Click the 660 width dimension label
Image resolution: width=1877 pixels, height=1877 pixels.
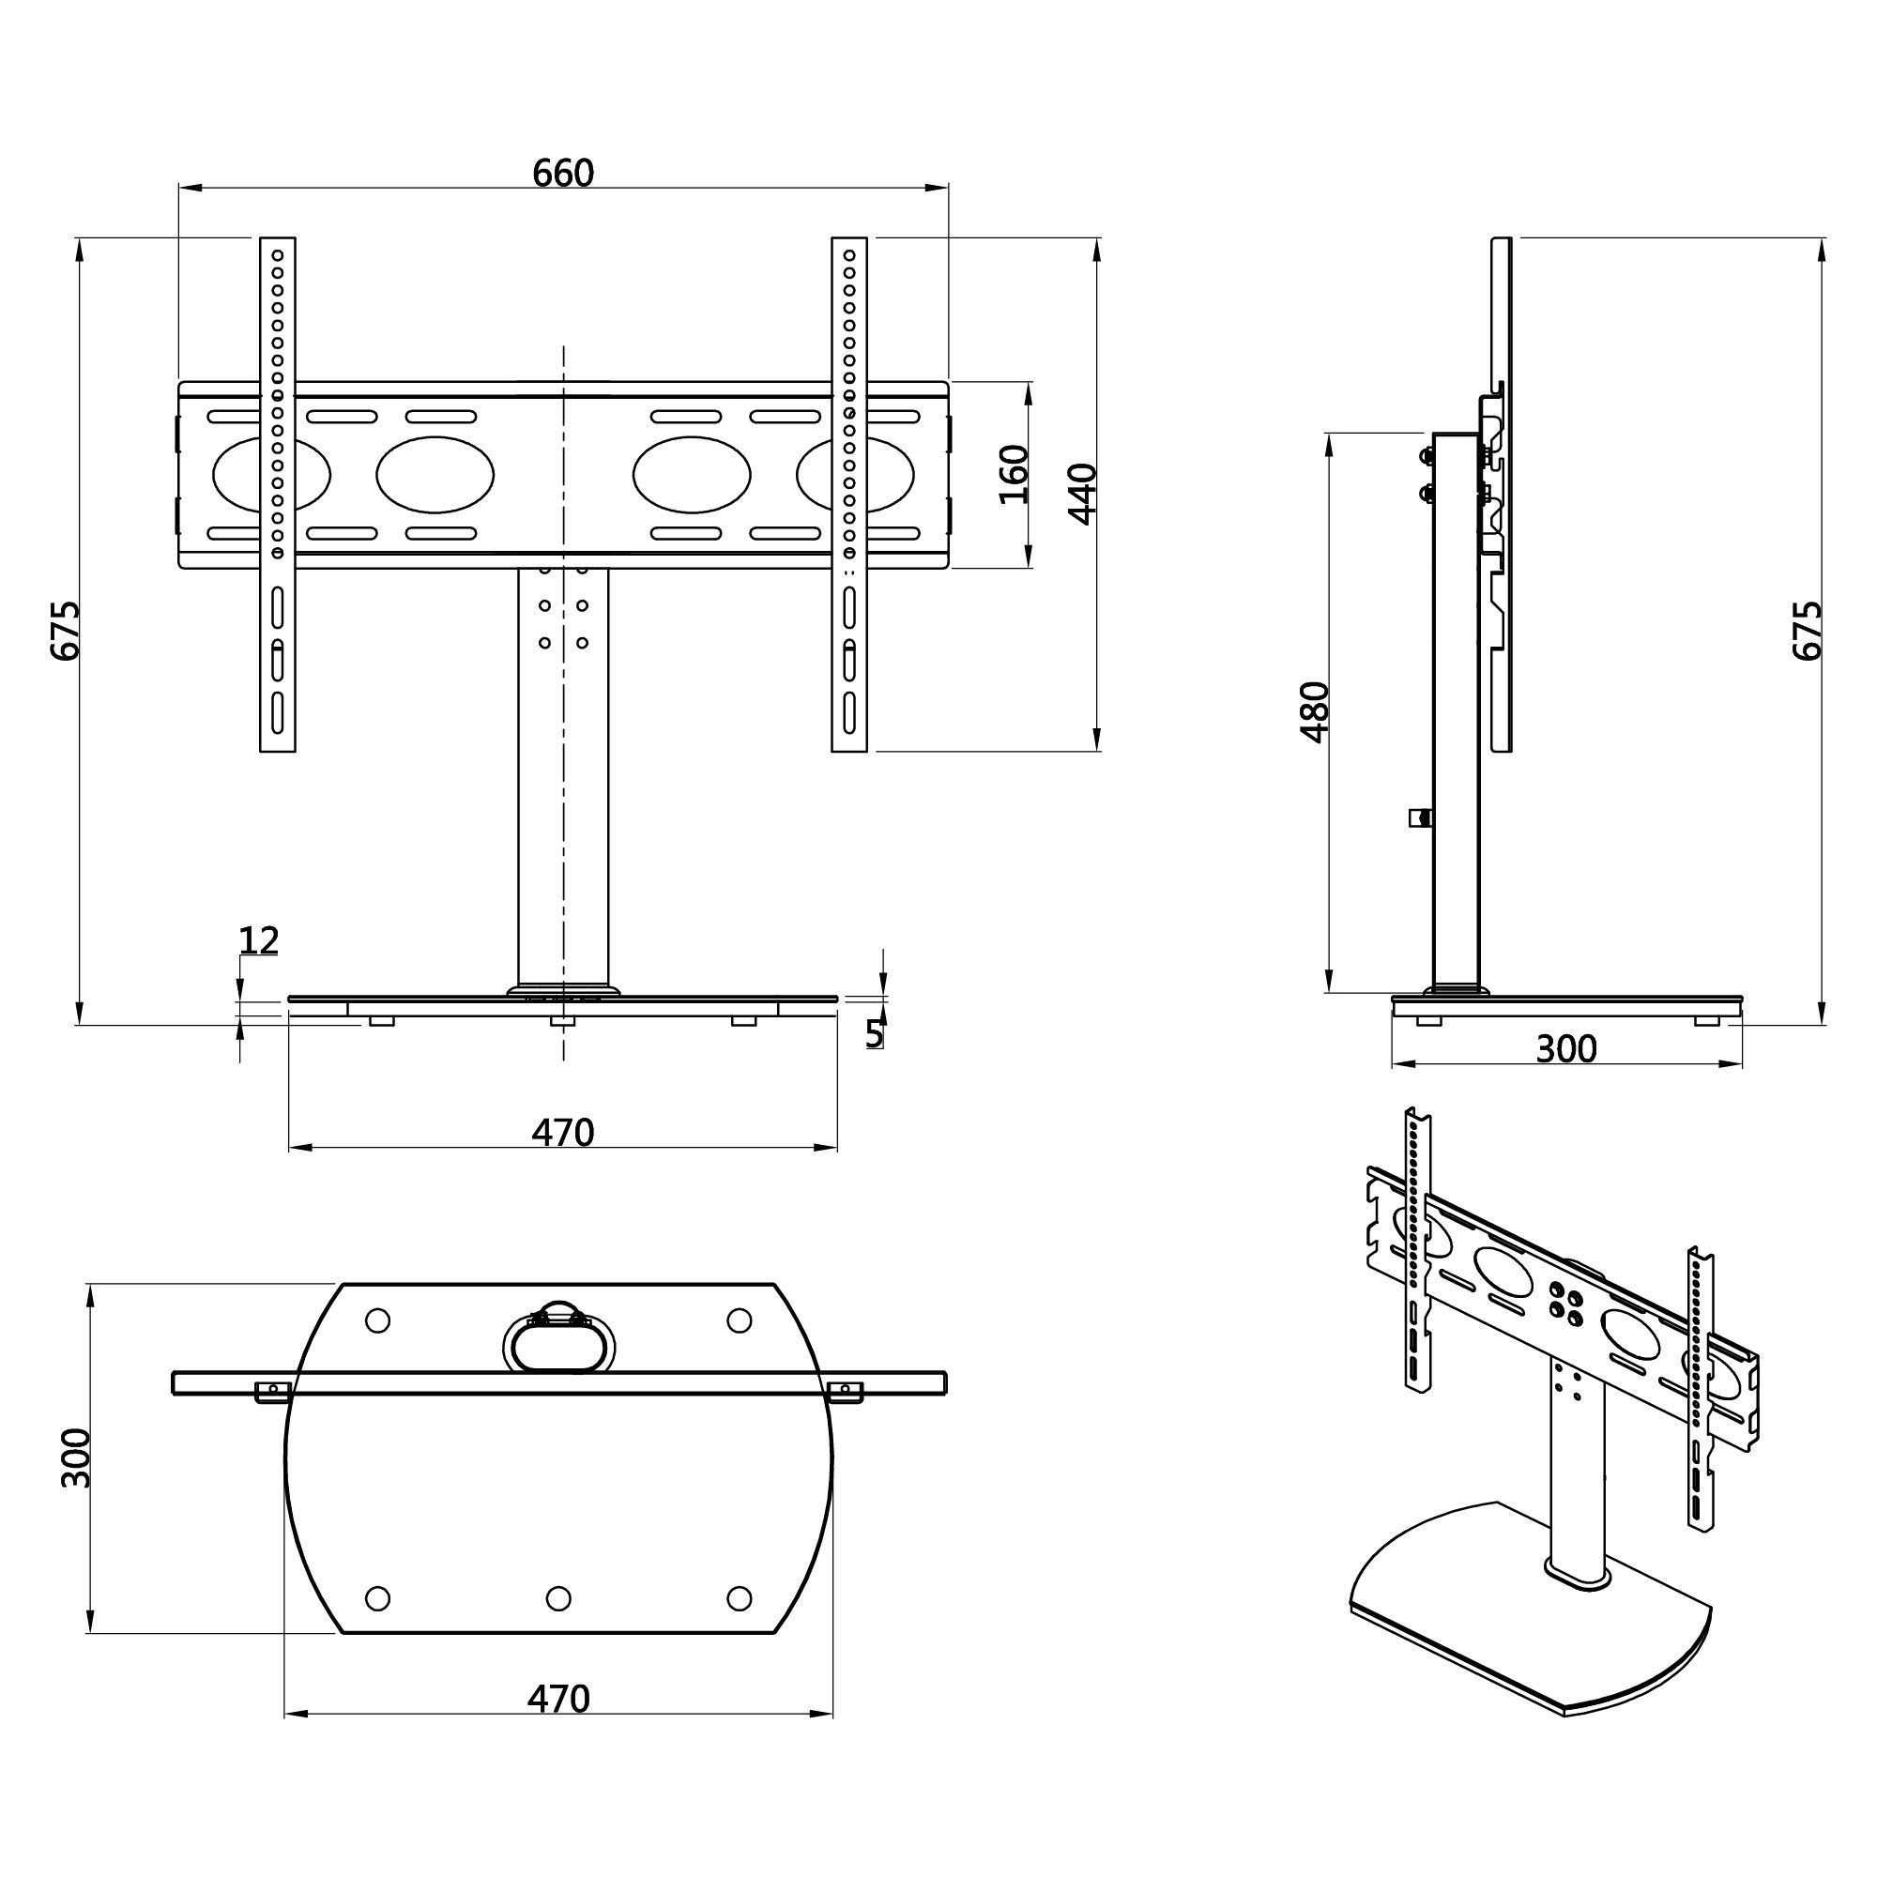(562, 173)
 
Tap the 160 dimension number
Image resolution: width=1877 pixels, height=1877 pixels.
(1014, 474)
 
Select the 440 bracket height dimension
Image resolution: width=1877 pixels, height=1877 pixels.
(1082, 494)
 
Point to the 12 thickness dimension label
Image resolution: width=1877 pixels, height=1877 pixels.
(258, 940)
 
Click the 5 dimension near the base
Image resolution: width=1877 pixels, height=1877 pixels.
(874, 1034)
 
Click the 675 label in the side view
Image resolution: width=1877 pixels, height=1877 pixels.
(1806, 632)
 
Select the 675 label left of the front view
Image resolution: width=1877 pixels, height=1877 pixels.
(65, 632)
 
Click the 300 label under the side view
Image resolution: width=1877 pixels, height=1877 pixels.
(1565, 1048)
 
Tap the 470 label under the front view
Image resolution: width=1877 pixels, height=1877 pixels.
(562, 1133)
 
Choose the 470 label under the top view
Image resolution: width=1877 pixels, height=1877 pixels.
(558, 1699)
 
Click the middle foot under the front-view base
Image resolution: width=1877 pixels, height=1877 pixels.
(562, 1021)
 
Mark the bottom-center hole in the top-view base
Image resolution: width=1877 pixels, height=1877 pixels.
(557, 1598)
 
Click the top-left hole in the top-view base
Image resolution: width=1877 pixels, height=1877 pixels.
(378, 1320)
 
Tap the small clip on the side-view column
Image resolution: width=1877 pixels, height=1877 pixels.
(1420, 817)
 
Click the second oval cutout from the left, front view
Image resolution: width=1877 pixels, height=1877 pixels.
(435, 475)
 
